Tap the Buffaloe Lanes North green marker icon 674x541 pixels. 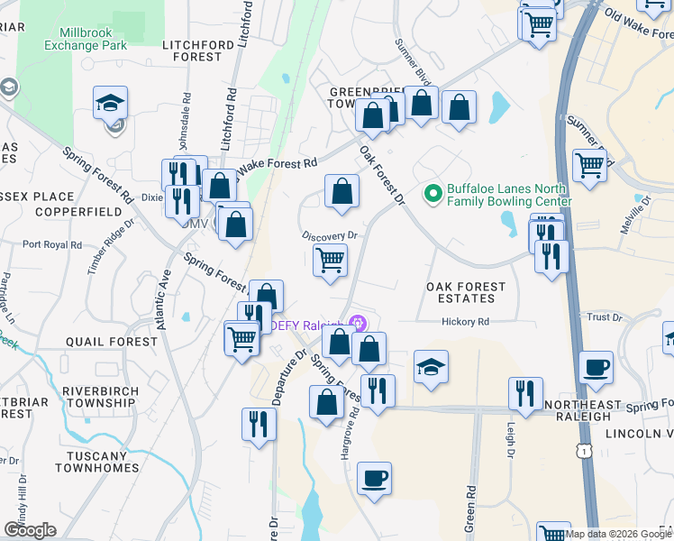tap(433, 193)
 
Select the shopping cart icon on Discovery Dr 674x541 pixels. tap(331, 260)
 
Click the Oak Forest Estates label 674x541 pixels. tap(466, 292)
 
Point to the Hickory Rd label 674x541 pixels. tap(465, 322)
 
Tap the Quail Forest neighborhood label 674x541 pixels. tap(112, 342)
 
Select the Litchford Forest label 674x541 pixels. tap(192, 50)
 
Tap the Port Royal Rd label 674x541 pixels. tap(52, 244)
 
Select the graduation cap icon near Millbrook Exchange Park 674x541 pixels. tap(110, 103)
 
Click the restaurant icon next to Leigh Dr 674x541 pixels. tap(525, 393)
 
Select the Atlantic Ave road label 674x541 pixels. tap(165, 297)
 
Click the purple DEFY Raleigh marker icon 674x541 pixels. tap(358, 323)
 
